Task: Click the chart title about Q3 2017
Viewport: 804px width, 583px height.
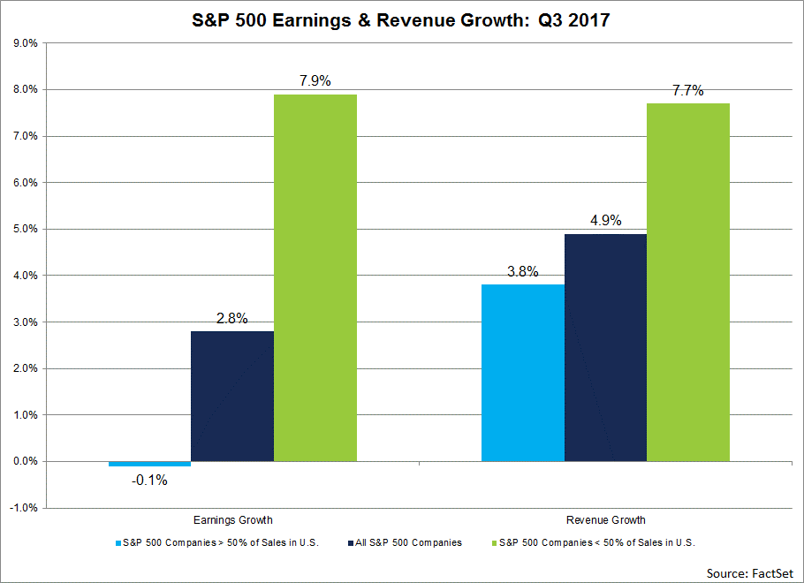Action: click(401, 19)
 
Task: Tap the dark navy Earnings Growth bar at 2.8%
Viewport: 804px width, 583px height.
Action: click(232, 396)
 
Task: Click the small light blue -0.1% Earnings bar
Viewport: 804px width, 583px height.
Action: click(149, 464)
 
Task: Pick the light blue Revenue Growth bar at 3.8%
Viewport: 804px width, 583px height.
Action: click(523, 372)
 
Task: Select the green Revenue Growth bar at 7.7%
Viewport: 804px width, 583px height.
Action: click(688, 282)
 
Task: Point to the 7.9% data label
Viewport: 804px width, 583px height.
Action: click(315, 81)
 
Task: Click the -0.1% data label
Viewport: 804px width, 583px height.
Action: click(149, 481)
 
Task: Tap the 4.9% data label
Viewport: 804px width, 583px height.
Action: click(605, 220)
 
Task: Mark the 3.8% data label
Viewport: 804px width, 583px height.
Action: click(523, 271)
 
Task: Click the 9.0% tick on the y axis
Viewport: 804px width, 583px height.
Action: click(25, 43)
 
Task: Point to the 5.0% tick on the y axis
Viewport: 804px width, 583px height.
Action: click(25, 229)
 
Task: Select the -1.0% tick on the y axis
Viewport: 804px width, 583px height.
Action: click(24, 508)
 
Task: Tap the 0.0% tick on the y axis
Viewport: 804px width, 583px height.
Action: click(25, 461)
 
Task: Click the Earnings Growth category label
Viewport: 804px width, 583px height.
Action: click(232, 520)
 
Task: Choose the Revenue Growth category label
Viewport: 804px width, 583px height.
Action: click(605, 520)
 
